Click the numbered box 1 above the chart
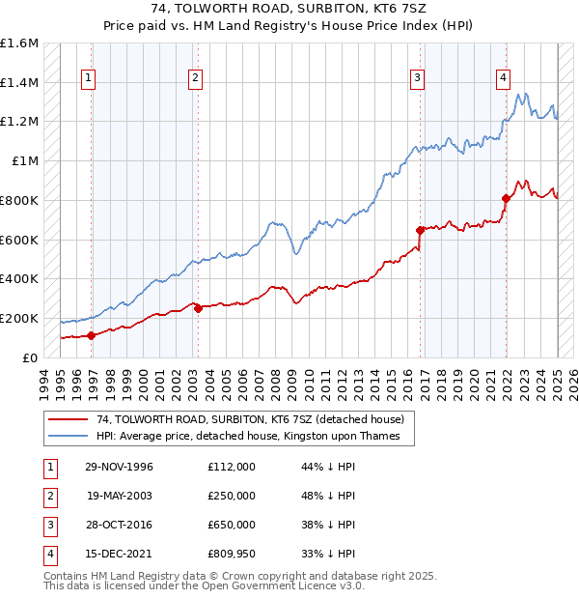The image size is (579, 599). (88, 79)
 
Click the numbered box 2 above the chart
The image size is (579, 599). (195, 79)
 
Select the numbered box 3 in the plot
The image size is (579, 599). (417, 79)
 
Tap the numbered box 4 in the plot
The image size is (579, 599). (503, 79)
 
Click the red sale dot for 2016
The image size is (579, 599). (421, 230)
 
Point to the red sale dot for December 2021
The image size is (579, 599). (506, 198)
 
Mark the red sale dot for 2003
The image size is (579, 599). (198, 308)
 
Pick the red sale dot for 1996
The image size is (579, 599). (92, 335)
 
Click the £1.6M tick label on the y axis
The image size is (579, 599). (19, 43)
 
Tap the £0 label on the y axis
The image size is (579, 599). (30, 357)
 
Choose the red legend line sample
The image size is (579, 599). (67, 419)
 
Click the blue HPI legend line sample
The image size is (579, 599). (67, 436)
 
